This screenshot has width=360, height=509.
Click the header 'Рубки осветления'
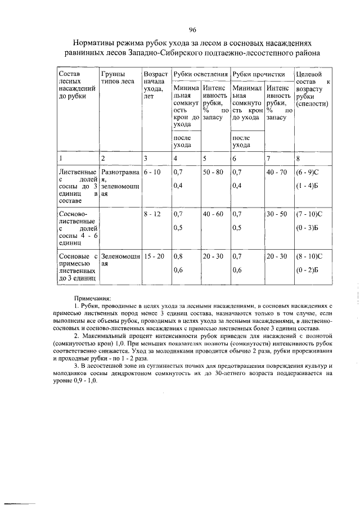[200, 74]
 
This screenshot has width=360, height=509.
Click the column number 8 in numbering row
[298, 157]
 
